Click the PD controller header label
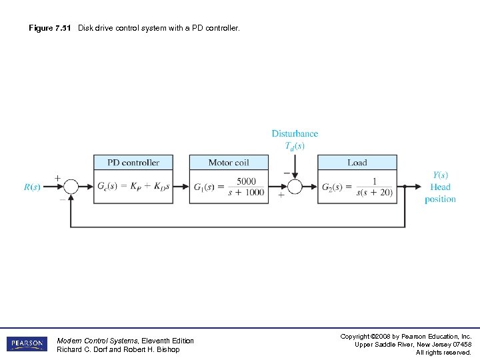pos(133,163)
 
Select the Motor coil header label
pos(229,163)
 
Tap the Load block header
pos(357,163)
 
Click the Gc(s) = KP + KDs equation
pos(133,187)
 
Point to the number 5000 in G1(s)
pos(246,181)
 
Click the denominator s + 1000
pos(246,193)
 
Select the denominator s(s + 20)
pos(374,193)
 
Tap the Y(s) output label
pos(440,175)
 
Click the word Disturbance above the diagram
pos(295,134)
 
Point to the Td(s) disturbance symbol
pos(295,146)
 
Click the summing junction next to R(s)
pos(71,187)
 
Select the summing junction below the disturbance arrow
pos(295,187)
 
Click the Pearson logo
pos(26,344)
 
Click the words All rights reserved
pos(443,352)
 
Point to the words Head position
pos(440,193)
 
